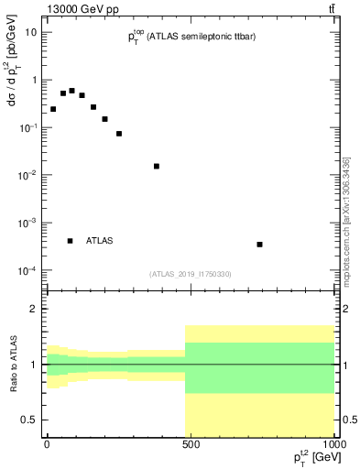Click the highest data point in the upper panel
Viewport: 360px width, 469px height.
point(71,91)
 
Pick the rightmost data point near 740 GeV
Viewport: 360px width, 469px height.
point(260,245)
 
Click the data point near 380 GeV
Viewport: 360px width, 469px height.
point(157,166)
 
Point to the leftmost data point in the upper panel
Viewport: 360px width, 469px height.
point(53,109)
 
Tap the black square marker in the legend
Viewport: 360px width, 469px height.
point(70,241)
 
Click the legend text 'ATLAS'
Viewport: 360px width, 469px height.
point(100,241)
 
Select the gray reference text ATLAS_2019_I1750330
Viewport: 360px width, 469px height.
point(191,274)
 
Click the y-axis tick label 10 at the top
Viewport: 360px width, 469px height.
point(30,32)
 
